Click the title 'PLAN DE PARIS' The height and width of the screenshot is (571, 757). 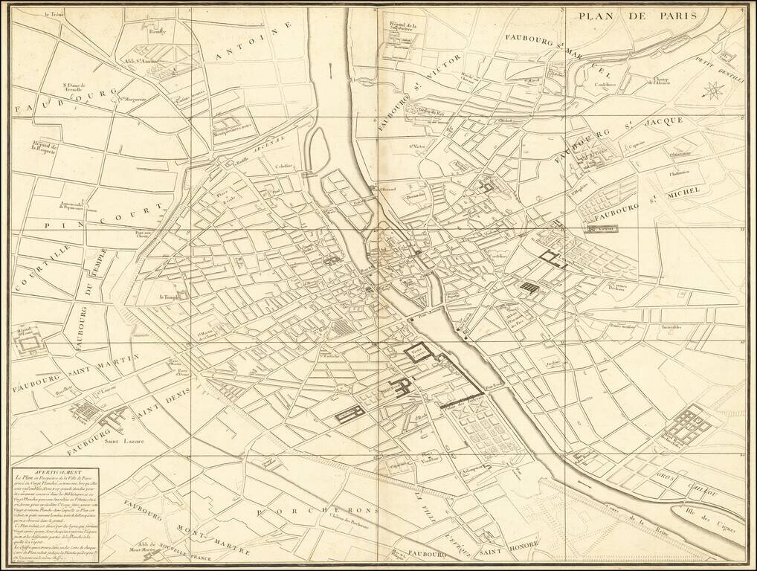coord(637,16)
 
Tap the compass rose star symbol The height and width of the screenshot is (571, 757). coord(712,92)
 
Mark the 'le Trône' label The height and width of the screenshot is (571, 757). coord(54,14)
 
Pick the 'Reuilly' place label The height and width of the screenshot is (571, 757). coord(158,33)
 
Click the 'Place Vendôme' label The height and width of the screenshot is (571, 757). coord(426,457)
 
